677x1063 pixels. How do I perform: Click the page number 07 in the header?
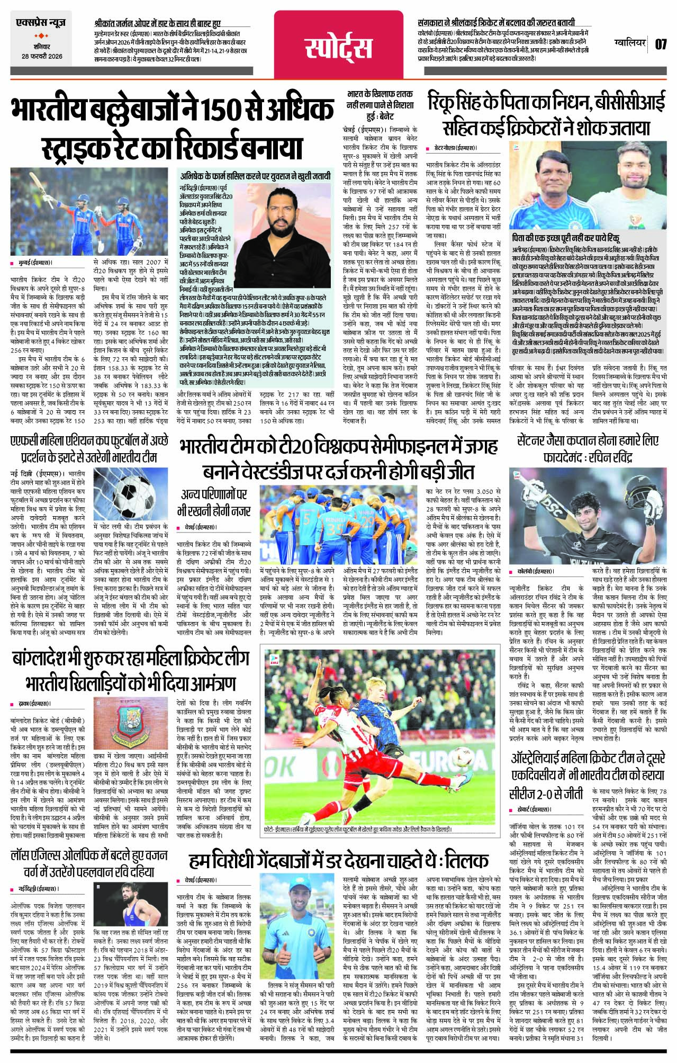tap(661, 44)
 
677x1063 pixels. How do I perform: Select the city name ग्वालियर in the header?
tap(630, 42)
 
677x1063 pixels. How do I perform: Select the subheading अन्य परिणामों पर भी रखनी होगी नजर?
tap(214, 502)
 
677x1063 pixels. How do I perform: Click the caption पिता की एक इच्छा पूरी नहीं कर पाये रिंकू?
tap(566, 238)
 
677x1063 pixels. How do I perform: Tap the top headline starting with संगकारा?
tap(496, 23)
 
